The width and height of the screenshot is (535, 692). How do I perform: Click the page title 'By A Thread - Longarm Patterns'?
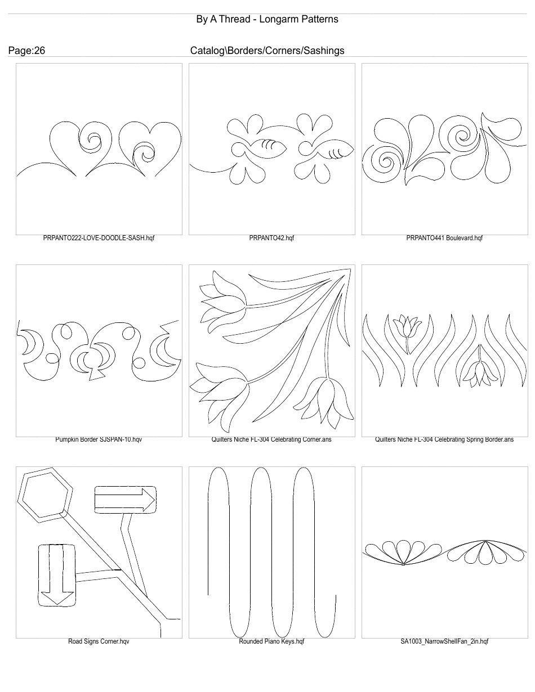[267, 19]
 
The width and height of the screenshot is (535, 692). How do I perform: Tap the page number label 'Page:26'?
[26, 51]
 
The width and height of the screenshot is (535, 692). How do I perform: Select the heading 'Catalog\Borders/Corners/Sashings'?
[267, 51]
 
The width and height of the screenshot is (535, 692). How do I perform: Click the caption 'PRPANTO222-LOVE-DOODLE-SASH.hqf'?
[99, 238]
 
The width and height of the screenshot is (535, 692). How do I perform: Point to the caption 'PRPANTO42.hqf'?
[271, 238]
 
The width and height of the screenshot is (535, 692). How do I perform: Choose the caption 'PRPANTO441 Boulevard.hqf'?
[444, 238]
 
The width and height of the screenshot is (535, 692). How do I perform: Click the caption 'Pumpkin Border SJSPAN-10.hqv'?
[99, 439]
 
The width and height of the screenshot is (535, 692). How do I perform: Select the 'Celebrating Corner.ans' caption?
[271, 439]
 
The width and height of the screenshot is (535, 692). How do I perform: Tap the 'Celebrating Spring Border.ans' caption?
[444, 439]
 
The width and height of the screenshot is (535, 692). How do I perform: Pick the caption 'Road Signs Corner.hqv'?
[99, 641]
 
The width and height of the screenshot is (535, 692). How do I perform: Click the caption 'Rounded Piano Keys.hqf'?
[271, 641]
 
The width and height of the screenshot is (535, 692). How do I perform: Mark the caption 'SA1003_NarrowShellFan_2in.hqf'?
[444, 641]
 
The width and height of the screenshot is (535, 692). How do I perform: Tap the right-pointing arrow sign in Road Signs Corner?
[125, 499]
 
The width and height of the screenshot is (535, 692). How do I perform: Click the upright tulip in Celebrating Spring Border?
[405, 326]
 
